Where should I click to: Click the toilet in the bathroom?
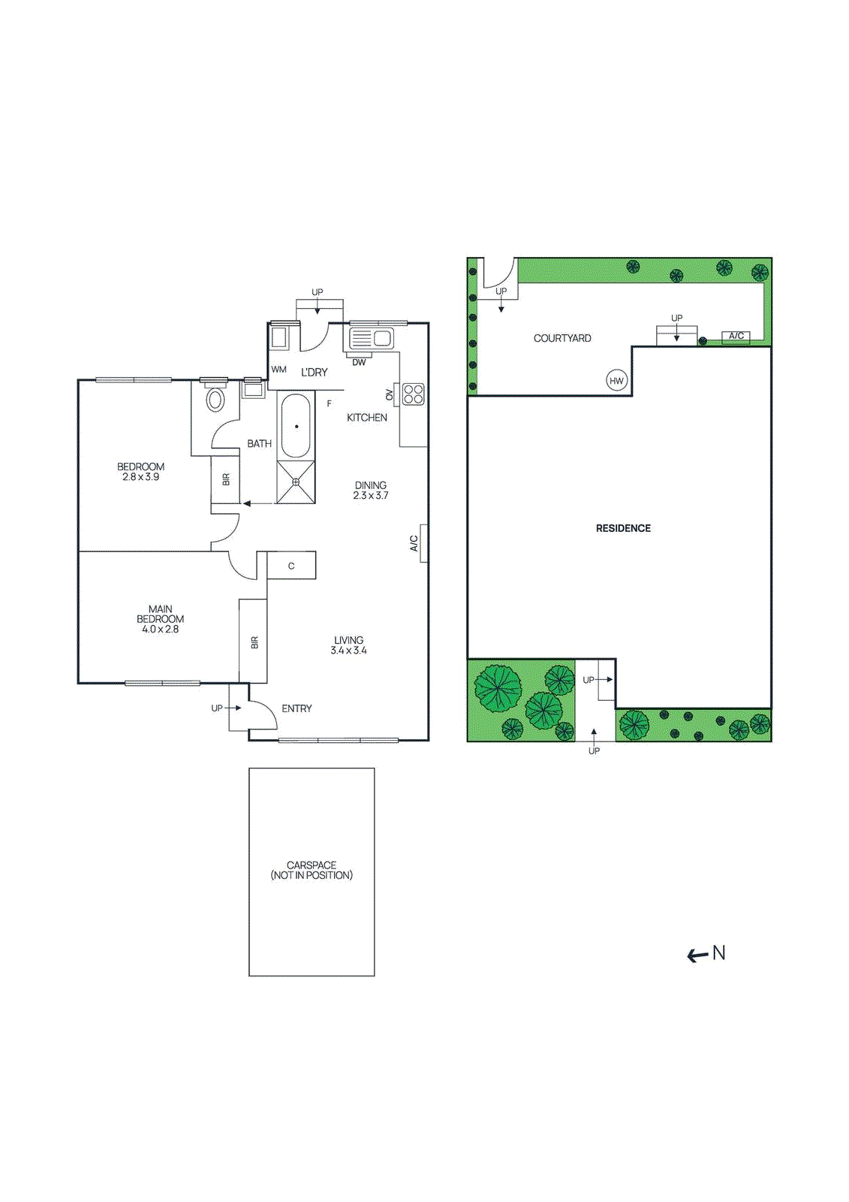pos(215,398)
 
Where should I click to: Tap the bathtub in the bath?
pos(296,426)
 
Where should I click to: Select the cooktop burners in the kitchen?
pos(414,394)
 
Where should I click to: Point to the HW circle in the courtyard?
pos(616,381)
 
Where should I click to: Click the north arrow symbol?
pos(706,954)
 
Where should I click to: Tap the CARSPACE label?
pos(312,865)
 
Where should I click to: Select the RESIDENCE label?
pos(623,528)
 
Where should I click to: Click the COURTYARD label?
pos(562,338)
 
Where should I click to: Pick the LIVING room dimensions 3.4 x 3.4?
pos(348,651)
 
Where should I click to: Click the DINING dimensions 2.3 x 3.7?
pos(371,496)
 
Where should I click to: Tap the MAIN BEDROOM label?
pos(160,614)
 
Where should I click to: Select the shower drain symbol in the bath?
pos(296,482)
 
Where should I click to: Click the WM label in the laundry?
pos(278,370)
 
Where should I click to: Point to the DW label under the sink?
pos(359,362)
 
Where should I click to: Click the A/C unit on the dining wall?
pos(423,543)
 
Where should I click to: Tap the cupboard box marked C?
pos(291,566)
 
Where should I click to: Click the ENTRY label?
pos(297,708)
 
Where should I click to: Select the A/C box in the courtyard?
pos(736,337)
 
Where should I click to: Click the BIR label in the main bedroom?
pos(254,642)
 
